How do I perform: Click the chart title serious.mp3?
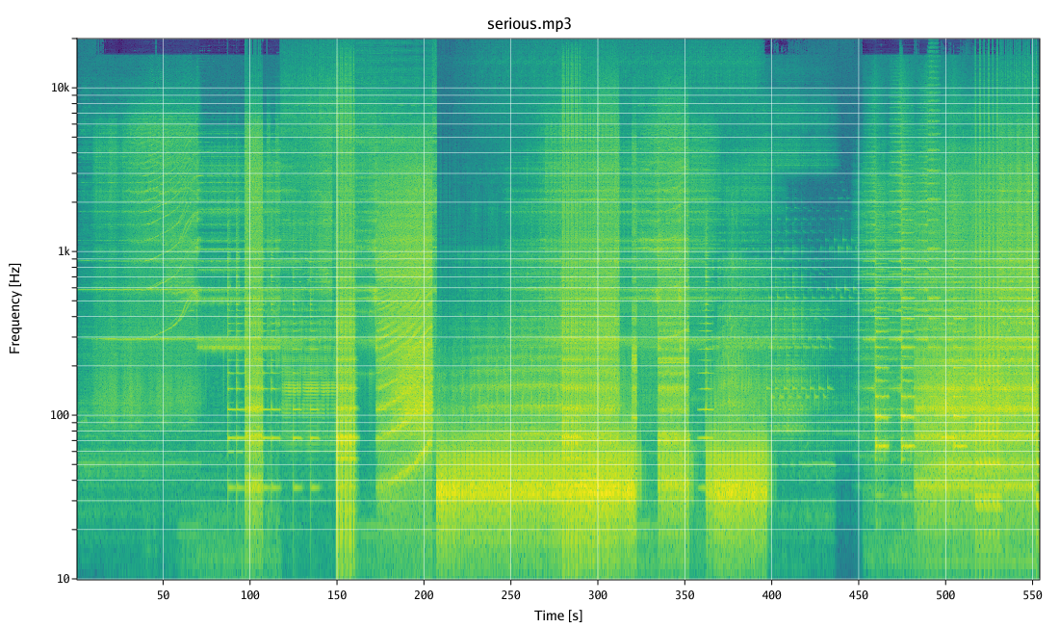click(x=529, y=23)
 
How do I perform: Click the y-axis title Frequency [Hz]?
click(x=14, y=307)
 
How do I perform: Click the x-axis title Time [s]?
click(x=558, y=615)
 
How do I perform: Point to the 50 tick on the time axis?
click(x=163, y=595)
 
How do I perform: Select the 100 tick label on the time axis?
click(x=249, y=595)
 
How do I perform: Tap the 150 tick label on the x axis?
click(x=337, y=595)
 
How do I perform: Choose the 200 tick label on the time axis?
click(x=424, y=595)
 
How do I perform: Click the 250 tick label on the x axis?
click(x=510, y=595)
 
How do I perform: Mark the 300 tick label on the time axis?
click(x=598, y=595)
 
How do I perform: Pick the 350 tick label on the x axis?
click(x=684, y=595)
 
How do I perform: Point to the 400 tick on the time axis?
click(x=771, y=595)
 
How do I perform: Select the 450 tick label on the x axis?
click(x=859, y=595)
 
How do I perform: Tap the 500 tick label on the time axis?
click(x=945, y=595)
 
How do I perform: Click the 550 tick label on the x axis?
click(x=1032, y=595)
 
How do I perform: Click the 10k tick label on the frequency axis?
click(x=60, y=88)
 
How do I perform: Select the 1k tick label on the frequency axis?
click(x=63, y=251)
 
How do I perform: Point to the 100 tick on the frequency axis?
click(x=60, y=415)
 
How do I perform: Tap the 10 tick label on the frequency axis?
click(x=63, y=579)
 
